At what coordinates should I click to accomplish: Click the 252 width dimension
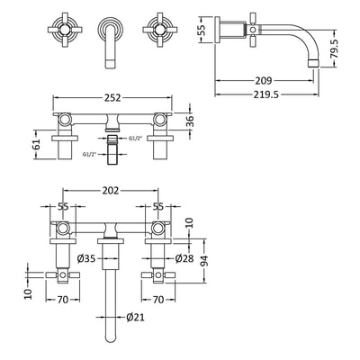[x=112, y=97]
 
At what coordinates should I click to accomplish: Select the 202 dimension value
[x=111, y=191]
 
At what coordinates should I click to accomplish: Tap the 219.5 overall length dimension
[x=265, y=94]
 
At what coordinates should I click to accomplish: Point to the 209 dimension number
[x=263, y=80]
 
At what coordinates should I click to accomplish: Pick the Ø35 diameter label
[x=86, y=258]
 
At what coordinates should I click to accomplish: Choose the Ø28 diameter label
[x=184, y=258]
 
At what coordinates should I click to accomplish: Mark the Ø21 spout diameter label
[x=135, y=317]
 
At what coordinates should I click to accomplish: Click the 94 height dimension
[x=204, y=261]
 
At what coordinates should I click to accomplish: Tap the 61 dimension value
[x=37, y=145]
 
